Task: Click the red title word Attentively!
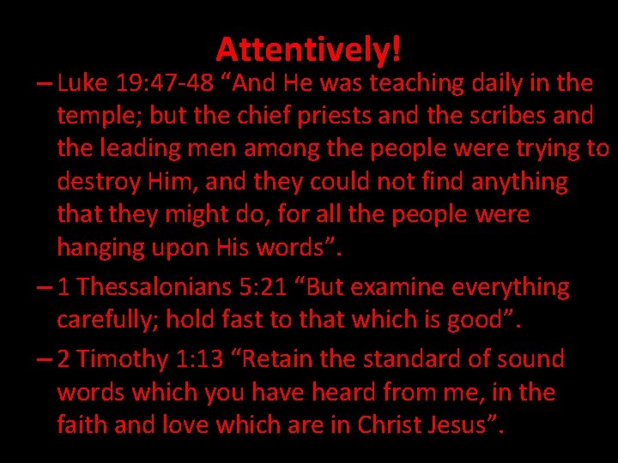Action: click(308, 50)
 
